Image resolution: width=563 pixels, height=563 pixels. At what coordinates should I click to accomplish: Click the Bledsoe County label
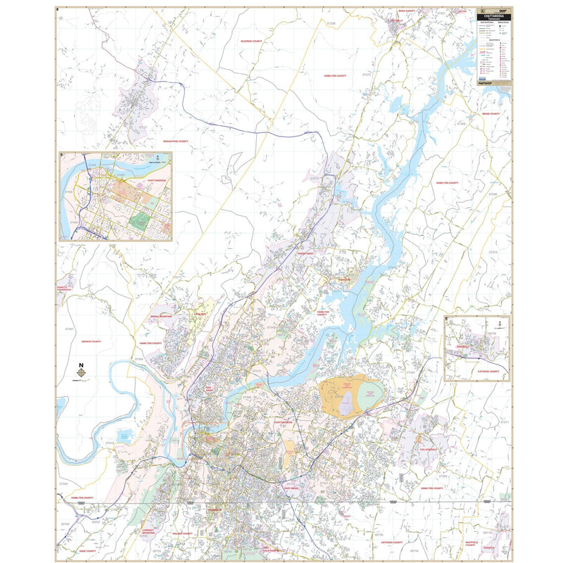[251, 41]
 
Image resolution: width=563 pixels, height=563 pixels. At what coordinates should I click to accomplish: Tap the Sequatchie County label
[176, 141]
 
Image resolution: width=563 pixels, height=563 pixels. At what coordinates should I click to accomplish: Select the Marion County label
[91, 342]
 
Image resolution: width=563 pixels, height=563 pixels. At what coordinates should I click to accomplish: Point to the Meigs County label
[491, 113]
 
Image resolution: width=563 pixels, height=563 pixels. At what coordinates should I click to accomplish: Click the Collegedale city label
[428, 449]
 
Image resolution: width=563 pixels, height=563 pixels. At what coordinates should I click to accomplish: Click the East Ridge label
[291, 488]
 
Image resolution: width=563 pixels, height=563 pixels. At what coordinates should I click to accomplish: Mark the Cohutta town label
[491, 548]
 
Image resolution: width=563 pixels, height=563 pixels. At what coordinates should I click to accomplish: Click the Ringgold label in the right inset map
[461, 346]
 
